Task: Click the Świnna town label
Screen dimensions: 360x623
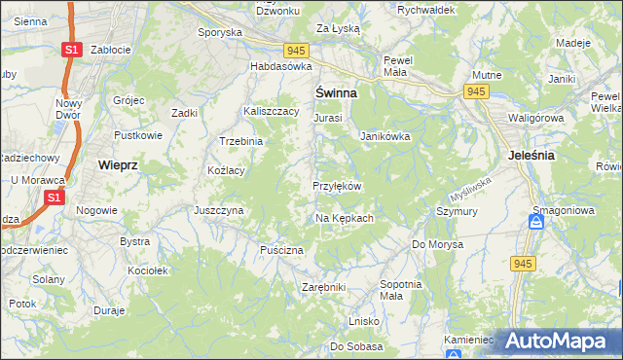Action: pos(335,92)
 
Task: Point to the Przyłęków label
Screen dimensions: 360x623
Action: pos(337,186)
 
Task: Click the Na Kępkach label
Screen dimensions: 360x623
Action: pos(344,218)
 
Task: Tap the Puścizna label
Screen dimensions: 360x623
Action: pos(282,250)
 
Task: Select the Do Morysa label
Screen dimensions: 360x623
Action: pos(435,243)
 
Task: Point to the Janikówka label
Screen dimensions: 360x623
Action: pos(385,136)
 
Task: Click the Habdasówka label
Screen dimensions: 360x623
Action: pos(280,66)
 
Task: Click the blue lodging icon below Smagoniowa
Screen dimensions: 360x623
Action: pos(535,223)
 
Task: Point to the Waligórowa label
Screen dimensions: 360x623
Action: pos(536,118)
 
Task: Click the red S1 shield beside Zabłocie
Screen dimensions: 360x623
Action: pos(70,50)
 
